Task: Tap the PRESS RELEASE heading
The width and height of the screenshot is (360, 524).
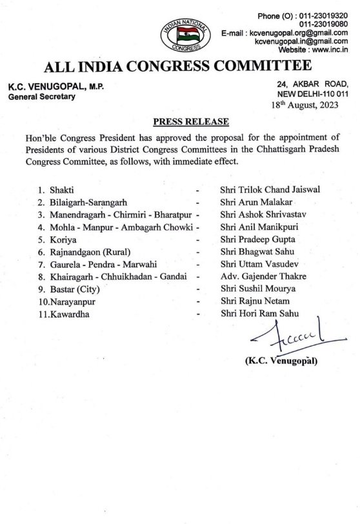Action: coord(191,122)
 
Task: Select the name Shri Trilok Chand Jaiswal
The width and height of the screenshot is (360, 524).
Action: coord(270,189)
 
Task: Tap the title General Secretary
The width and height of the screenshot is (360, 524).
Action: coord(42,97)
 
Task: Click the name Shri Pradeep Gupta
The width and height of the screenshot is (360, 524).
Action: coord(258,239)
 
